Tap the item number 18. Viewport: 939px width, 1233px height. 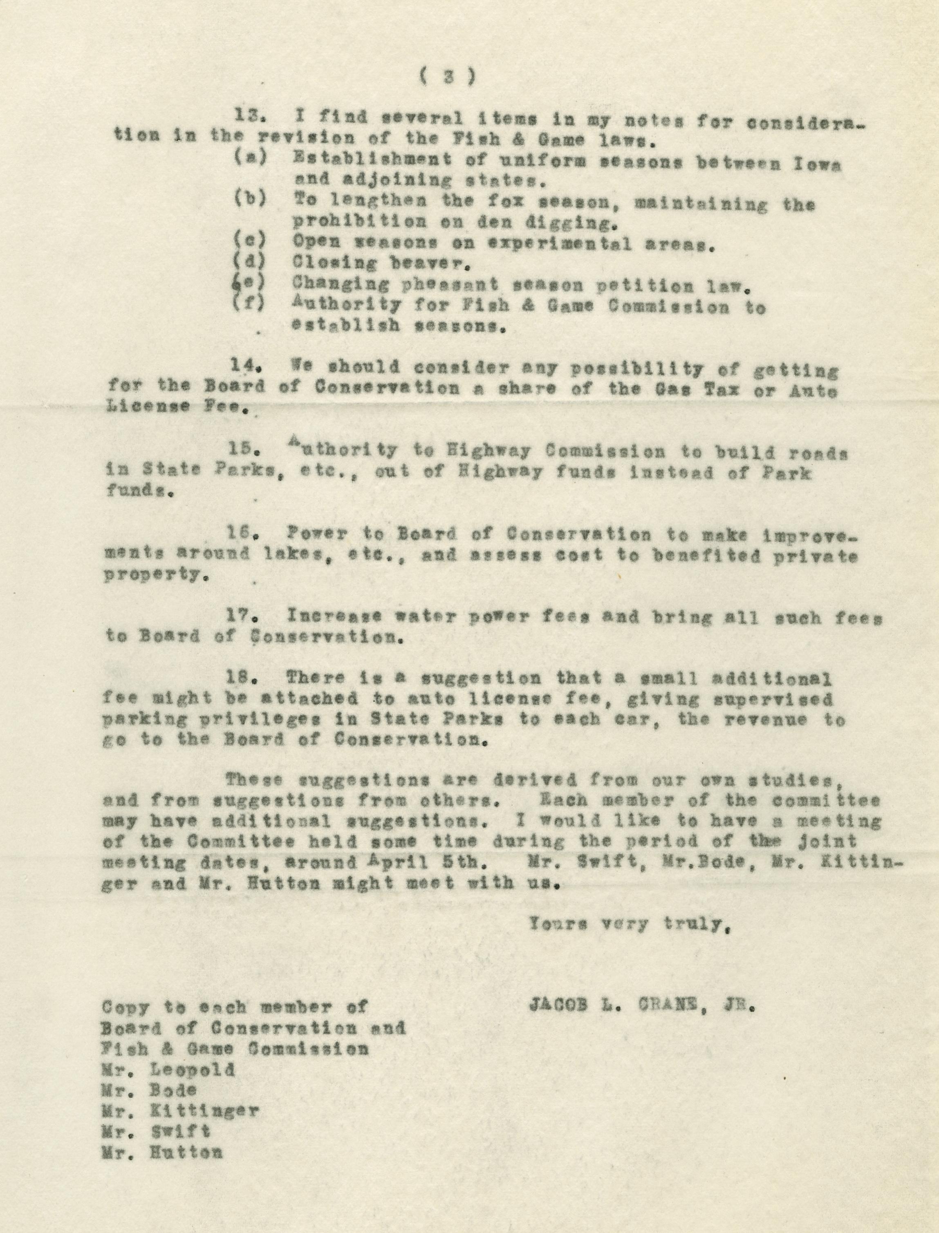pos(242,679)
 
